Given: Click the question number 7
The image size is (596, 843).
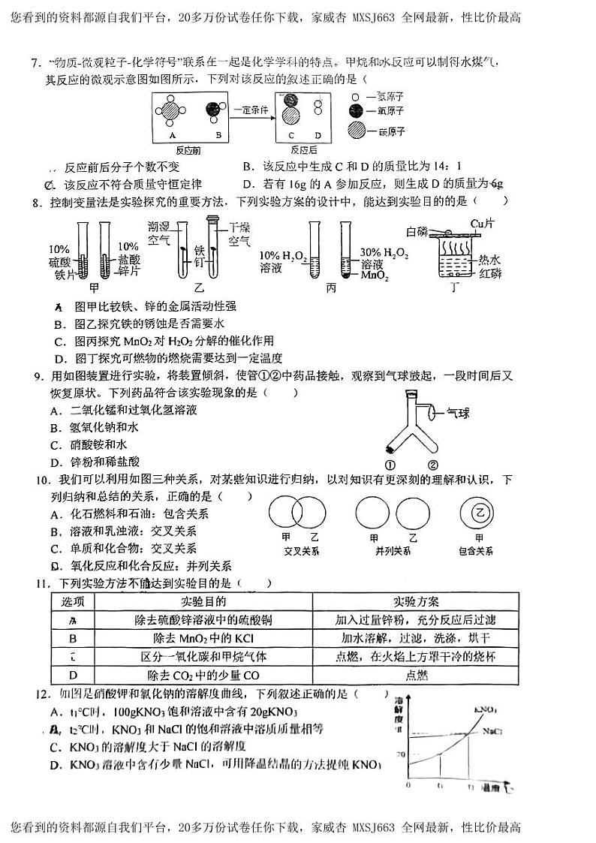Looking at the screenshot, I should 35,65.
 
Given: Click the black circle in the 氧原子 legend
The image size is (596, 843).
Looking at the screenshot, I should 356,111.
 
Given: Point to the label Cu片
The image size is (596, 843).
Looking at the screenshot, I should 481,223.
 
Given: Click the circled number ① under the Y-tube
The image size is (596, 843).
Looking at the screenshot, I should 391,464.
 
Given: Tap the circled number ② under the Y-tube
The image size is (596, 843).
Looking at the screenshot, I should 433,464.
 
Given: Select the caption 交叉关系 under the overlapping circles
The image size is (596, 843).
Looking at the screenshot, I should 300,551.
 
